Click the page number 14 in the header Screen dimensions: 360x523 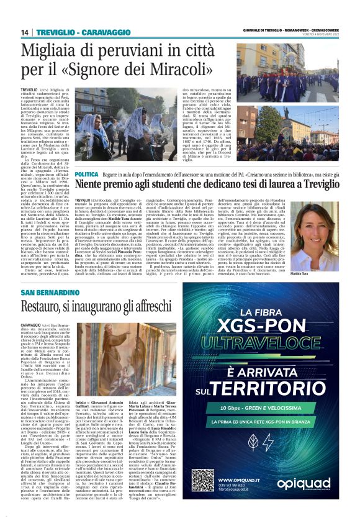[x=25, y=33]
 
